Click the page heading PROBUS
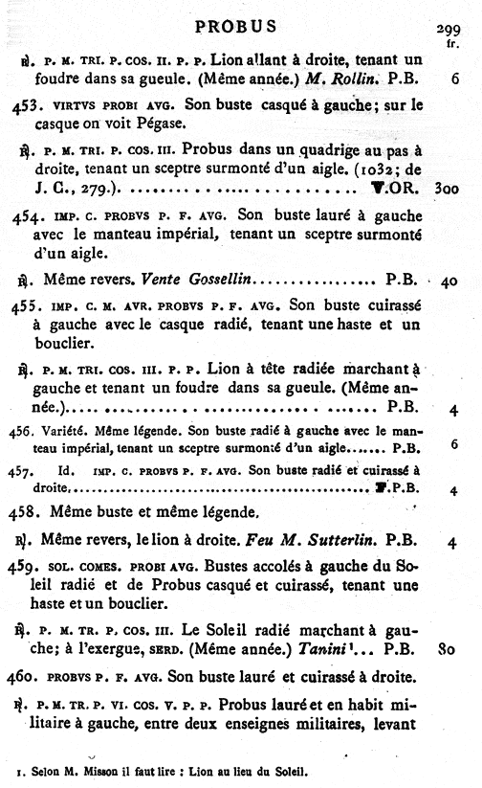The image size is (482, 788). coord(235,26)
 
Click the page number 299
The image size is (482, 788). coord(449,29)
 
